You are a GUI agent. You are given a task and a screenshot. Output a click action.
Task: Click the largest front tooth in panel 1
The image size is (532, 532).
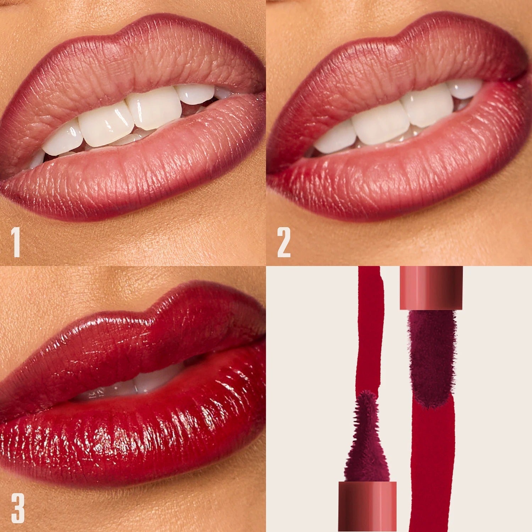154,108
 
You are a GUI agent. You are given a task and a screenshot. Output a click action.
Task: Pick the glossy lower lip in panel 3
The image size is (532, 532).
142,436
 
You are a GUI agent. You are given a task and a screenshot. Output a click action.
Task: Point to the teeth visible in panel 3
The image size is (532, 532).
142,383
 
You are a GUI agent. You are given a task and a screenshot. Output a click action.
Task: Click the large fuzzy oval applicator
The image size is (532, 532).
431,358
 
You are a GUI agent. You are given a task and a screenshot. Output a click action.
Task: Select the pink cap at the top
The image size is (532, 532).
431,287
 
